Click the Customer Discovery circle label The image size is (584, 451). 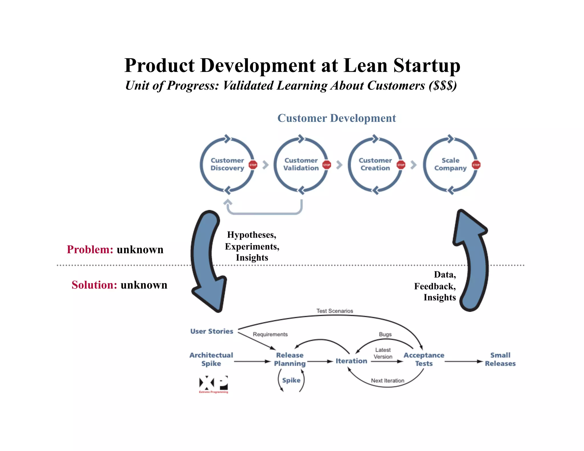(x=227, y=164)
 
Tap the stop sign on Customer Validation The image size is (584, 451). (x=327, y=165)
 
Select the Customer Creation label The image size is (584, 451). (x=375, y=164)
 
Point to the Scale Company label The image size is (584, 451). (x=450, y=164)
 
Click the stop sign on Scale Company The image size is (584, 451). (x=476, y=165)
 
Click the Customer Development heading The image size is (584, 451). (x=336, y=118)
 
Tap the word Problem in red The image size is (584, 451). (x=90, y=249)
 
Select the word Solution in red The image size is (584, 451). (x=94, y=285)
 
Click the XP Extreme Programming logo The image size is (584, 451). (x=213, y=384)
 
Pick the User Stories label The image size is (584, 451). (x=212, y=331)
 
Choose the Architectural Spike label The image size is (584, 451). (x=211, y=359)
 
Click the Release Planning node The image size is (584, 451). (x=289, y=359)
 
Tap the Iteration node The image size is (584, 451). (x=351, y=361)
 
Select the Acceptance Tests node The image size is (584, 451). (x=424, y=359)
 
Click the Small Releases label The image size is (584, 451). (x=500, y=359)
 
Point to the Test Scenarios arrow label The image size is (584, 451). (x=334, y=311)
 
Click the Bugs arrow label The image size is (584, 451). (x=385, y=334)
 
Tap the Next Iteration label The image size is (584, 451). (x=388, y=381)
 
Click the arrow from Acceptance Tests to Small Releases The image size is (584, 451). (x=463, y=361)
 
